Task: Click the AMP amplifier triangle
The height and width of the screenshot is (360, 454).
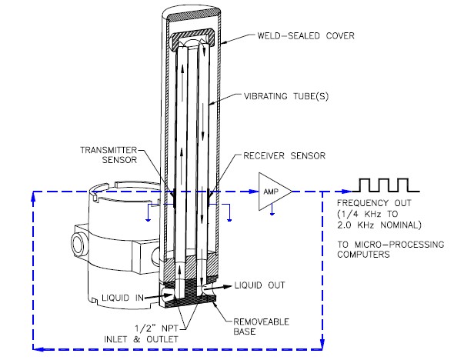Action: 275,192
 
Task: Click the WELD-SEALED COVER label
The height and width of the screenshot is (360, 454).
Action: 305,36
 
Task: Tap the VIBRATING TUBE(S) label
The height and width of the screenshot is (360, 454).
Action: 286,96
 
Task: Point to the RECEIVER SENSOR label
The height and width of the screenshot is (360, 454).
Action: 285,155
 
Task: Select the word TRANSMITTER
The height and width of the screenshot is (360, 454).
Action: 108,150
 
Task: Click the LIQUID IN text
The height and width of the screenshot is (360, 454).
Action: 123,298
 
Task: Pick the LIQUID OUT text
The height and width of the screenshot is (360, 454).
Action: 260,285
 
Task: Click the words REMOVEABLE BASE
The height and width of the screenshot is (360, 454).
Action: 261,327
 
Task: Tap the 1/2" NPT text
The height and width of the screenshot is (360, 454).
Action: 156,328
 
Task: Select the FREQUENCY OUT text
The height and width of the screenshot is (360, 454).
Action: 374,203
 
